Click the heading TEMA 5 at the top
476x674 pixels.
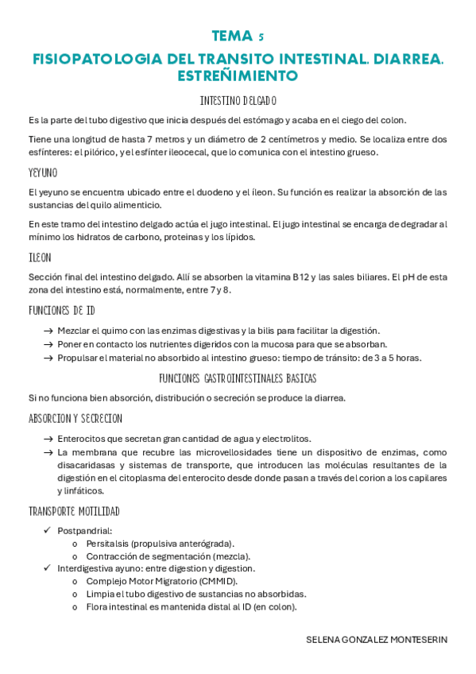tap(238, 36)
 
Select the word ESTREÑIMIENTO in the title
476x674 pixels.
tap(238, 76)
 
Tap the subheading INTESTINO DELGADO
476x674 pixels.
tap(238, 101)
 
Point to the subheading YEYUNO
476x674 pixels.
tap(42, 172)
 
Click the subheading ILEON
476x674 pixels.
tap(39, 258)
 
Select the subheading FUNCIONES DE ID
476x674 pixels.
tap(61, 310)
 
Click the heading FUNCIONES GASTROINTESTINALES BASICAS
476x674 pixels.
tap(238, 378)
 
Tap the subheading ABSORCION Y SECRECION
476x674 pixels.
tap(75, 418)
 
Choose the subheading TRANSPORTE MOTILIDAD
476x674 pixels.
tap(74, 510)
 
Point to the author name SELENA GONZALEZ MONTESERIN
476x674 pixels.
tap(377, 640)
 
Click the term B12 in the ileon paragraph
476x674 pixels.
tap(300, 277)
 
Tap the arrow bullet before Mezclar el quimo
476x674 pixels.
tap(48, 331)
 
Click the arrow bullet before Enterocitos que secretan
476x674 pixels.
tap(48, 439)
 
